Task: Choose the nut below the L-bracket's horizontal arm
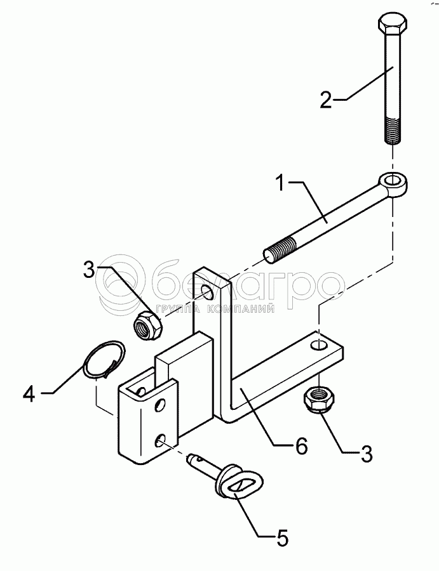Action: coord(318,399)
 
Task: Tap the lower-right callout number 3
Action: coord(366,454)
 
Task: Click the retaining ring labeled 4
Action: coord(104,359)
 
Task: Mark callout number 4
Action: coord(29,394)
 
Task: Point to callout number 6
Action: coord(302,446)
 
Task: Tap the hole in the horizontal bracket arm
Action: coord(318,344)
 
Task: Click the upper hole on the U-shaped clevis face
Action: coord(160,405)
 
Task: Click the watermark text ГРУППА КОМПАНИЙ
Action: coord(215,309)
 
